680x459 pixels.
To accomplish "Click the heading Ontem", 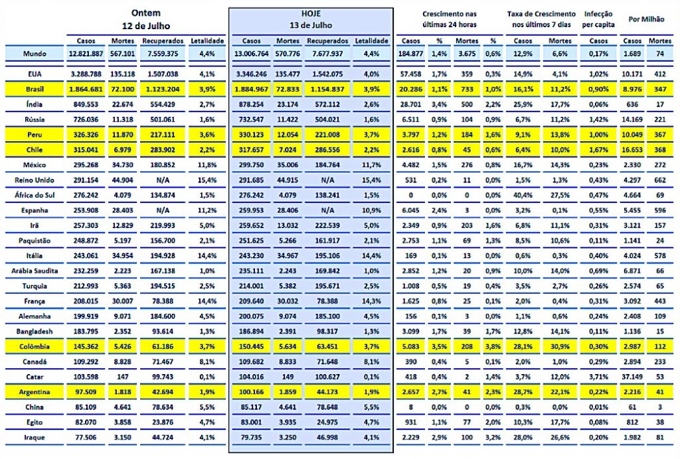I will (146, 13).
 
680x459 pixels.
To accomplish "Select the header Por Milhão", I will (645, 20).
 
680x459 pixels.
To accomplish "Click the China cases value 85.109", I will (88, 407).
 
